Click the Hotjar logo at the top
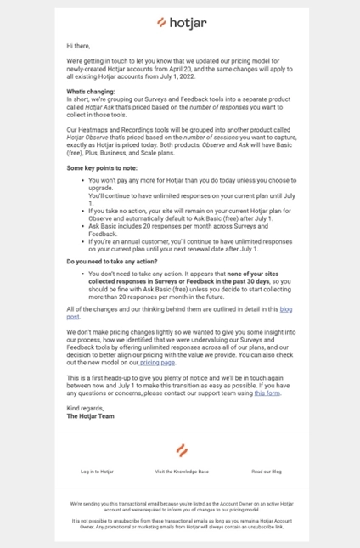tap(180, 22)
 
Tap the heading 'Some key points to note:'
tap(103, 168)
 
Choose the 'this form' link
tap(267, 393)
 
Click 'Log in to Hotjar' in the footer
tap(97, 472)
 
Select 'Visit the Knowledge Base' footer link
tap(181, 472)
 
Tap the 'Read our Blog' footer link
tap(266, 472)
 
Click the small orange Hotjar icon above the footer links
tap(181, 450)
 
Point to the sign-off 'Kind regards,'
tap(86, 408)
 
